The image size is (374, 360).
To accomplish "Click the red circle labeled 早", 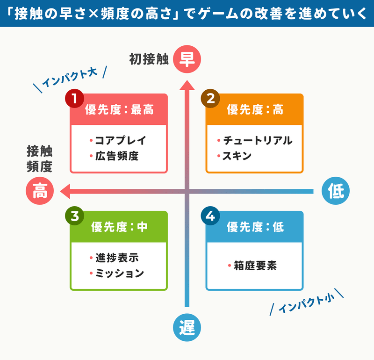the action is (x=187, y=59).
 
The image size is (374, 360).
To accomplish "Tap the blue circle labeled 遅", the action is (x=187, y=327).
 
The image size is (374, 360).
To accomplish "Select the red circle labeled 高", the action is (x=40, y=191).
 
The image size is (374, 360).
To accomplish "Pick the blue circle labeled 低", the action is (x=336, y=191).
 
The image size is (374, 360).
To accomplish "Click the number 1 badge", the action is (x=74, y=99).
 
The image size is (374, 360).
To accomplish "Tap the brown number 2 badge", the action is (x=210, y=99).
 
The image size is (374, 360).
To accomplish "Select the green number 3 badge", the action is (x=74, y=216).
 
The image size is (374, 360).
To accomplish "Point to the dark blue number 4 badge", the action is (x=210, y=216).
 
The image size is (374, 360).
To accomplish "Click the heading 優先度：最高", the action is (x=119, y=110).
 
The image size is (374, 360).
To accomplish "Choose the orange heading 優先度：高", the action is (x=255, y=110).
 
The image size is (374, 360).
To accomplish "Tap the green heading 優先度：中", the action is (x=119, y=227).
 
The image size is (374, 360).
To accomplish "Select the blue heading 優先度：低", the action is (x=255, y=227).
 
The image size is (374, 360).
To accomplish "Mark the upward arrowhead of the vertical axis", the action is (x=187, y=85).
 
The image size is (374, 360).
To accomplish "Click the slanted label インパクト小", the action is (x=307, y=302).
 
